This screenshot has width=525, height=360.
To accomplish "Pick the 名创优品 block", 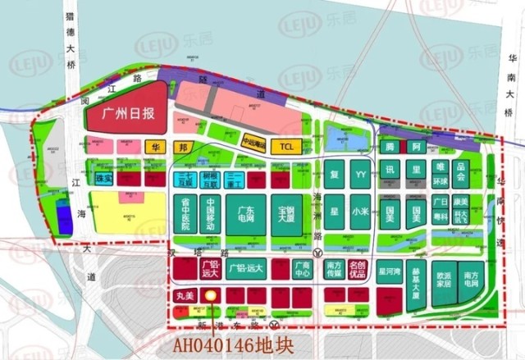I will [357, 269].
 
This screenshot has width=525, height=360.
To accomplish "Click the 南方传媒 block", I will [334, 269].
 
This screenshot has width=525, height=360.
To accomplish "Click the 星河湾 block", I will [389, 269].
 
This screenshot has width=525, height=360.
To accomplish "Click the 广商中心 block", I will [301, 269].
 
